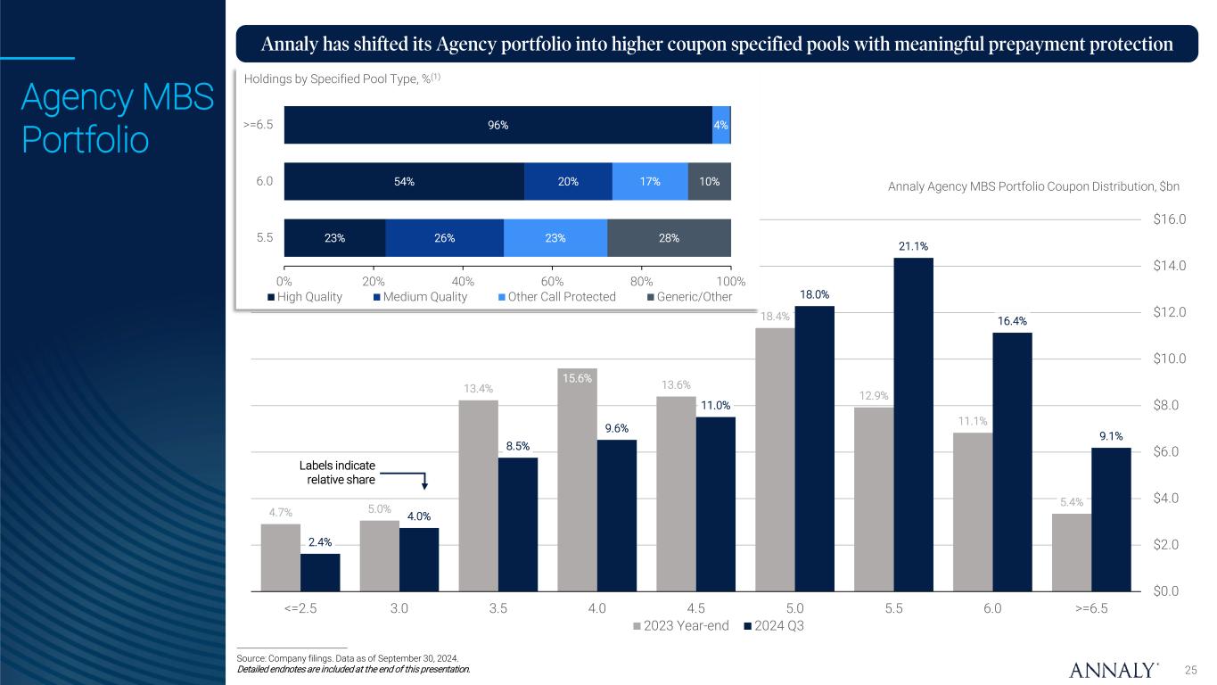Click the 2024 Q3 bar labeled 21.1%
(x=913, y=424)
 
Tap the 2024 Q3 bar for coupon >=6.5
(x=1111, y=518)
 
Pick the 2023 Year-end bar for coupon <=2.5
(x=281, y=557)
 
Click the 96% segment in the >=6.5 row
(x=497, y=125)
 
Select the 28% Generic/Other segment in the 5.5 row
(x=669, y=238)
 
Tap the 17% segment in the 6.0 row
(x=650, y=181)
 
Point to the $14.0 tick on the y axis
(x=1170, y=266)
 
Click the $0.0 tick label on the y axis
(x=1170, y=590)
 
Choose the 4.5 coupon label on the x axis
(x=696, y=608)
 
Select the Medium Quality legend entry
(x=420, y=297)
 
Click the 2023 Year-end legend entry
(x=680, y=625)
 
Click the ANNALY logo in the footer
(x=1114, y=670)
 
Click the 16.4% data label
(x=1011, y=321)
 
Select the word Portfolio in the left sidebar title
(x=85, y=141)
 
